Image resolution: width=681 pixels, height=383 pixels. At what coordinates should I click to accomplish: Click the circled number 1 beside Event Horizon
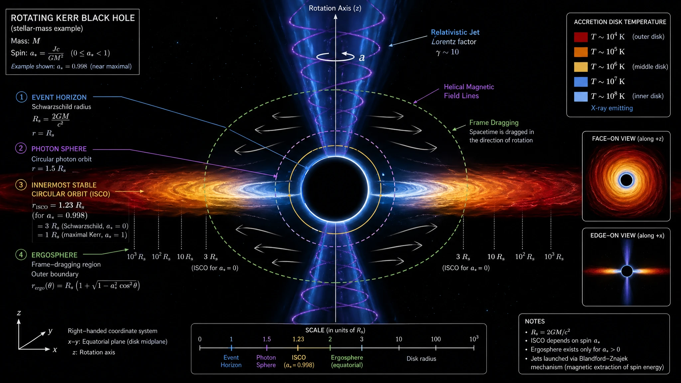click(x=22, y=97)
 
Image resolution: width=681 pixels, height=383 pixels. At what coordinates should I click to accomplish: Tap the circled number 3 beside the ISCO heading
click(x=21, y=185)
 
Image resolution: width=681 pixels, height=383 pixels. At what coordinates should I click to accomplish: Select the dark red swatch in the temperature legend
click(x=581, y=37)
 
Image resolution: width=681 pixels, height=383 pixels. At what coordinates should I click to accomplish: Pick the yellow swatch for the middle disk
click(x=581, y=67)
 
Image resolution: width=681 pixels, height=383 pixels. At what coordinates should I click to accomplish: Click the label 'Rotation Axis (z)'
click(x=335, y=8)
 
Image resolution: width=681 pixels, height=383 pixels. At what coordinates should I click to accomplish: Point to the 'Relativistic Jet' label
click(x=455, y=32)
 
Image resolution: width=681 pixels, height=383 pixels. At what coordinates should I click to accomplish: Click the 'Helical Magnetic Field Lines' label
click(x=469, y=91)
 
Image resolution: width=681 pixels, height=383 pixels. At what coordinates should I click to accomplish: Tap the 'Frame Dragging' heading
click(x=494, y=123)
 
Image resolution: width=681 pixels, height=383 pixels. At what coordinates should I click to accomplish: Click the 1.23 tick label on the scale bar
click(x=298, y=339)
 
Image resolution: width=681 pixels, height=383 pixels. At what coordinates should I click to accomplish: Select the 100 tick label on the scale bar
click(x=436, y=339)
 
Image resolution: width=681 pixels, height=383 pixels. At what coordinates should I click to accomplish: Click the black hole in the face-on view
click(x=626, y=180)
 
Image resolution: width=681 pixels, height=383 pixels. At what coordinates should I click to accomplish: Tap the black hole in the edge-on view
click(x=627, y=271)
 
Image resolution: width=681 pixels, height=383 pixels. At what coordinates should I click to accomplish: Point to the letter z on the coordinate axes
click(x=19, y=313)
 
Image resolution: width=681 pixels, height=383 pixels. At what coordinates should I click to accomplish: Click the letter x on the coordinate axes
click(x=55, y=350)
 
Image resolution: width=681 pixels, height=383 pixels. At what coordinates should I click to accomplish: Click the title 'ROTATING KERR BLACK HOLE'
click(x=73, y=18)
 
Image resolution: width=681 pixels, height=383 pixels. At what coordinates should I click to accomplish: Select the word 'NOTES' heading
click(x=535, y=321)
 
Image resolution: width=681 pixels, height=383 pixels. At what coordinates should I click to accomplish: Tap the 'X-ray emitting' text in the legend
click(x=612, y=108)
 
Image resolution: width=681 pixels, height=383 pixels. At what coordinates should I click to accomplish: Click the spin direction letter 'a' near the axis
click(x=362, y=58)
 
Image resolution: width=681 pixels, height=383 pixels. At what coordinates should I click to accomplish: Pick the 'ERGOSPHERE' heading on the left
click(x=55, y=255)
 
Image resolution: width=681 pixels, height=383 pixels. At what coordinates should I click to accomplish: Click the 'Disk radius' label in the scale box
click(x=421, y=359)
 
